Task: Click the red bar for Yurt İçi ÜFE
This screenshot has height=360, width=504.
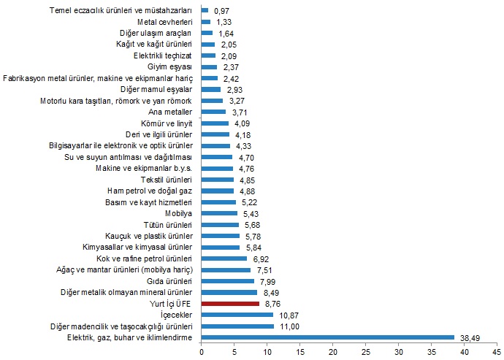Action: [230, 304]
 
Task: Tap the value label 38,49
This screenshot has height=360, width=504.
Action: [468, 337]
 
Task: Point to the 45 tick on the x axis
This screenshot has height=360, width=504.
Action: [497, 351]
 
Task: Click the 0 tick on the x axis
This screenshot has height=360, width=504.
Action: [202, 351]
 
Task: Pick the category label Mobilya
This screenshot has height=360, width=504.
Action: [178, 213]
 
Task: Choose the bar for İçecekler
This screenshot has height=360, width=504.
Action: [237, 315]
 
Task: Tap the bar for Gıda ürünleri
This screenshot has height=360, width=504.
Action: [228, 281]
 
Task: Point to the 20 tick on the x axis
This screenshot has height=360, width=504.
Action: [333, 351]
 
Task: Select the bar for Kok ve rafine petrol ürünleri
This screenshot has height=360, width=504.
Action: [224, 258]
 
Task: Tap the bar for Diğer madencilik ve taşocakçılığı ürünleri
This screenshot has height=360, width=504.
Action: [238, 326]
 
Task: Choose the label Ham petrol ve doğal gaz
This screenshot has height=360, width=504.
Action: [150, 191]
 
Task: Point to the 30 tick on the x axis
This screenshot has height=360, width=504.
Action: [399, 351]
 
